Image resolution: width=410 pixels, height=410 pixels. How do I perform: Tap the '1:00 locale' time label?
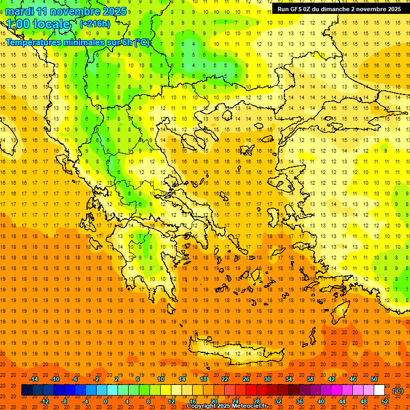point(38,24)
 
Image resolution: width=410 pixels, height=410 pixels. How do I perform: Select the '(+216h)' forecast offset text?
point(94,23)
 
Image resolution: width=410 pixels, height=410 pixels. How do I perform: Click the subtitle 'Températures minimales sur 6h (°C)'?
point(77,42)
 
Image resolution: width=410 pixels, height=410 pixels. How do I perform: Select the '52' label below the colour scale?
point(384,401)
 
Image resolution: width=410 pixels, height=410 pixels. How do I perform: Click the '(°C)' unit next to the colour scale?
point(397,390)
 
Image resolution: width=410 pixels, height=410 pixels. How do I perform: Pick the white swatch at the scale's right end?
point(379,390)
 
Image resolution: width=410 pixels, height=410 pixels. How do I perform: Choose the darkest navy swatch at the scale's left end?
point(27,390)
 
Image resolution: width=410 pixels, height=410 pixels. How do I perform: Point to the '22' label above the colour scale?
point(225,379)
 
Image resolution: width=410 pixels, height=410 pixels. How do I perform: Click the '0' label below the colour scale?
point(105,401)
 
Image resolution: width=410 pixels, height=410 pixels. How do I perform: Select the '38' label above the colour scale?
point(310,379)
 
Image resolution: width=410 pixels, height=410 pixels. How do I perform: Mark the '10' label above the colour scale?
point(161,379)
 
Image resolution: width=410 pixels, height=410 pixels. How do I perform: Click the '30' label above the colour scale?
point(267,379)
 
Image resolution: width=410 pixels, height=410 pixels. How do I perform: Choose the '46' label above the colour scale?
point(353,379)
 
